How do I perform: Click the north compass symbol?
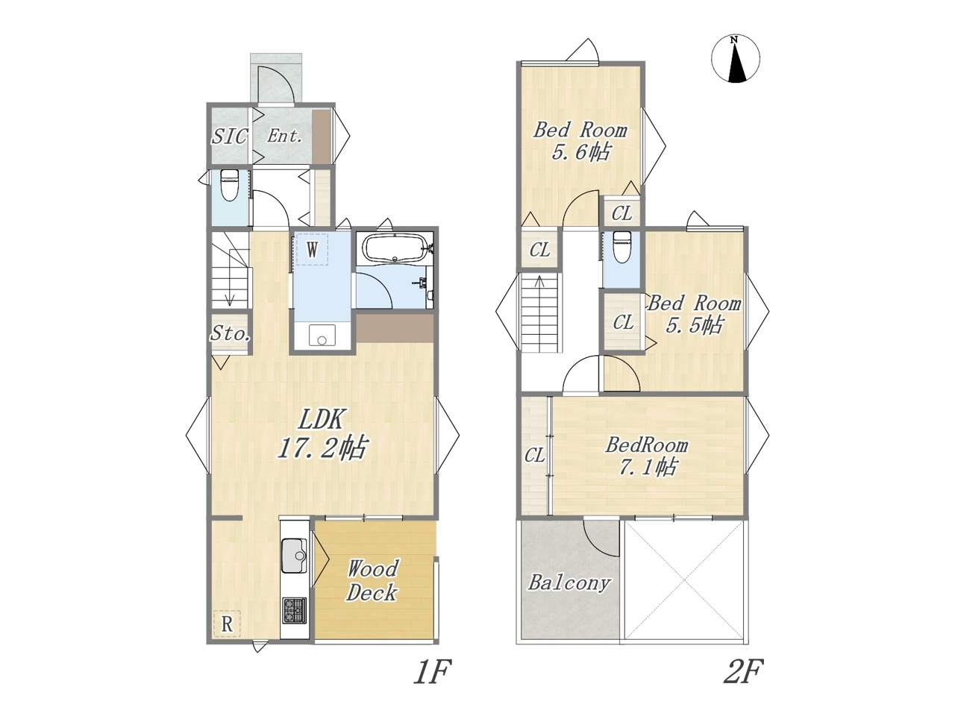click(736, 59)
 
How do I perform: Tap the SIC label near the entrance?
click(230, 136)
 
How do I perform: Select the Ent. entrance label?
click(284, 136)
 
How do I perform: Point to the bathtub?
click(395, 248)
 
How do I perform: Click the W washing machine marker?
click(312, 250)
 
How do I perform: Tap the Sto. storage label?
click(230, 334)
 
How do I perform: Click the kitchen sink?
click(295, 556)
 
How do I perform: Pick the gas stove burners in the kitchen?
click(295, 610)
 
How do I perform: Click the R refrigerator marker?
click(227, 624)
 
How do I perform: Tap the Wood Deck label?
click(372, 581)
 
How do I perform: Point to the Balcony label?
click(569, 582)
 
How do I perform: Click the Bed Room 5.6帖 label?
click(580, 141)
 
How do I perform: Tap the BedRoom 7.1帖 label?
click(647, 456)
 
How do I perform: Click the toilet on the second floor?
click(621, 247)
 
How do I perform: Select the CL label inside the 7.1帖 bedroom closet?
click(534, 456)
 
